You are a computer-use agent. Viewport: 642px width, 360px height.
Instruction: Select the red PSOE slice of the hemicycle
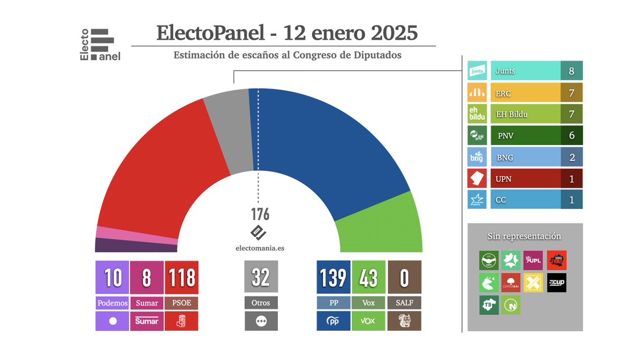coord(155,171)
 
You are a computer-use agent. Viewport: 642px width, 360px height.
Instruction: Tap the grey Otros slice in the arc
coord(228,134)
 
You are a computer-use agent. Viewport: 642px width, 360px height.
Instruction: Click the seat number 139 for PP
coord(333,277)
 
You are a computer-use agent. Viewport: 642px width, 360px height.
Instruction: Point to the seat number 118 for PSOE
coord(182,277)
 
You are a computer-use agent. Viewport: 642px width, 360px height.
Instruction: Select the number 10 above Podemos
coord(112,277)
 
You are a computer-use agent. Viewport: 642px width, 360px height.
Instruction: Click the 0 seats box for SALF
coord(404,277)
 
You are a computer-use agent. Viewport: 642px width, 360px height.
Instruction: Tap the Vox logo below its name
coord(368,321)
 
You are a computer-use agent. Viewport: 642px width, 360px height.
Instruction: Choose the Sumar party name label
coord(147,303)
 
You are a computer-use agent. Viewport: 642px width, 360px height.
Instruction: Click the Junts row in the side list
coord(525,71)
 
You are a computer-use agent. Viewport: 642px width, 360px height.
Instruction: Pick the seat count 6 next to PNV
coord(571,136)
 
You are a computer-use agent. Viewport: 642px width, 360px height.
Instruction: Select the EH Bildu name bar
coord(525,114)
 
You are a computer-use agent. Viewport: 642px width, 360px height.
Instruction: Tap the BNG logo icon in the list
coord(477,157)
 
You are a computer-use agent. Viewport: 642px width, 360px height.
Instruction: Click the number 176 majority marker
coord(260,214)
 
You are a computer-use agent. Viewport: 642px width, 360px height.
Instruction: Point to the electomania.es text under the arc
coord(260,248)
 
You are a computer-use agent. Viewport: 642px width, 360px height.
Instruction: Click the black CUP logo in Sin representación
coord(556,282)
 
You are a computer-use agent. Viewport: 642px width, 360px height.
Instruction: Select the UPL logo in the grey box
coord(533,260)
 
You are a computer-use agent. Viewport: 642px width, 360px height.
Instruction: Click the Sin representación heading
coord(524,236)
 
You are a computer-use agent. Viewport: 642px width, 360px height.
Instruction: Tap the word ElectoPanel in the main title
coord(210,33)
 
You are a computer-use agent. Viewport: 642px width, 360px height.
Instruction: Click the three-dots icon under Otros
coord(261,321)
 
